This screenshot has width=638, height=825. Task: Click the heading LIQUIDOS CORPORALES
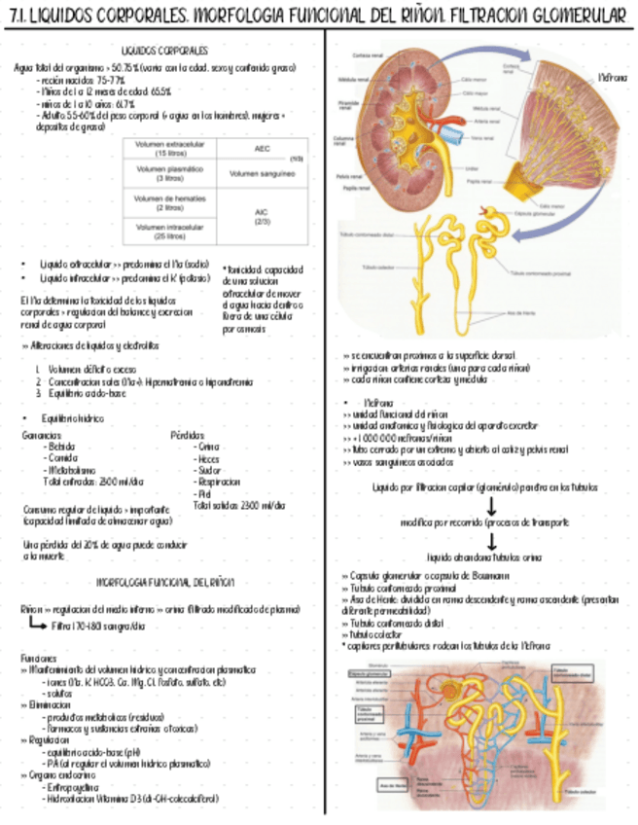(x=163, y=50)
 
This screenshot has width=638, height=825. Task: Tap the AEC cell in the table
(x=263, y=150)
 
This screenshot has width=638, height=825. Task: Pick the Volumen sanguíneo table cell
(x=263, y=174)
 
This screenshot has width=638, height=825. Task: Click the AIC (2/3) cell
(x=263, y=216)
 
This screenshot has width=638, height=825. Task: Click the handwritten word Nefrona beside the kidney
(x=612, y=75)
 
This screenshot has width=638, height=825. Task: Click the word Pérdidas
(x=188, y=434)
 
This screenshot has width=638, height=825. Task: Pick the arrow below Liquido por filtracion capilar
(x=491, y=506)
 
